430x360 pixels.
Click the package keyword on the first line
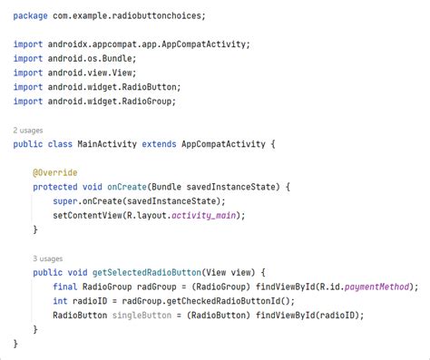(30, 15)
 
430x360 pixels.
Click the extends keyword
(161, 143)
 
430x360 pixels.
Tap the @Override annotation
(54, 172)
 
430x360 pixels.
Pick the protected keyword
(55, 187)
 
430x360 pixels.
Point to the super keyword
(64, 201)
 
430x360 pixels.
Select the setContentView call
(88, 215)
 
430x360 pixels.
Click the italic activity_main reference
(208, 215)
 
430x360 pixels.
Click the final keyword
(65, 287)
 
